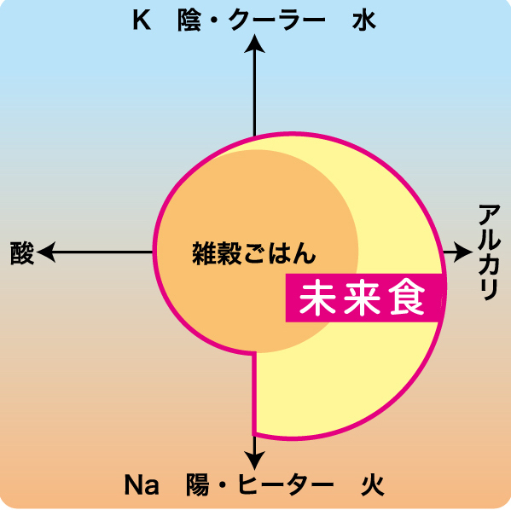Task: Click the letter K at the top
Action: (x=142, y=20)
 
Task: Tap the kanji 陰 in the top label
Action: (x=189, y=20)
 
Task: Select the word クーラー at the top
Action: (x=276, y=20)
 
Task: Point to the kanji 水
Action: (x=364, y=20)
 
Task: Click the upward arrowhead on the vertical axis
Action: (x=254, y=43)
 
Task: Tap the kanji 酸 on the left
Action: (x=22, y=253)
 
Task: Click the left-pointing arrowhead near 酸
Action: (x=46, y=252)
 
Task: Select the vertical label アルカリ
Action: (x=489, y=252)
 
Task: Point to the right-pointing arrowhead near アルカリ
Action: (x=462, y=252)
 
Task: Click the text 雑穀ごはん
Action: (x=254, y=253)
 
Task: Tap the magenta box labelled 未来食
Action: (x=364, y=298)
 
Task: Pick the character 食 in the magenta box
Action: (x=408, y=298)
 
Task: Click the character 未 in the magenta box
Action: (x=317, y=298)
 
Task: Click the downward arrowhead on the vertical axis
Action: (x=254, y=461)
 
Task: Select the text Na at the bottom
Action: (x=142, y=485)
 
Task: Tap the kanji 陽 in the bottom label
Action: (x=198, y=485)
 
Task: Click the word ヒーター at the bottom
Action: (x=286, y=485)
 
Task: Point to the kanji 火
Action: (x=373, y=485)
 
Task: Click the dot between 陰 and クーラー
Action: (x=214, y=20)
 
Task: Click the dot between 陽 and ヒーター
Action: (x=223, y=485)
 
